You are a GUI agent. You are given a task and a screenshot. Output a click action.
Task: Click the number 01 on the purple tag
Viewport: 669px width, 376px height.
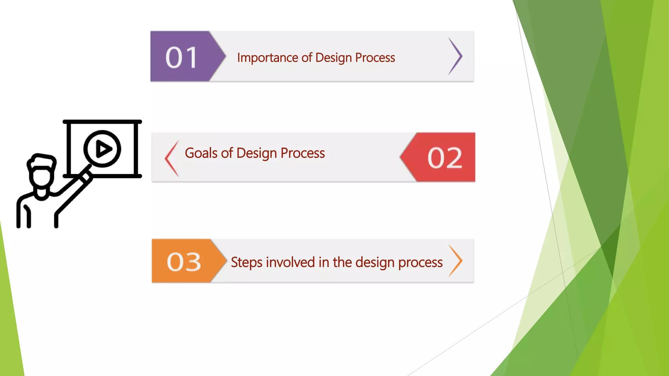[x=182, y=58]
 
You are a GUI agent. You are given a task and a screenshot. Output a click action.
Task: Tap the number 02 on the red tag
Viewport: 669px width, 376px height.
[x=445, y=158]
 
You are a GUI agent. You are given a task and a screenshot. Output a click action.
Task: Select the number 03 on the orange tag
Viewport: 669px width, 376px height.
[x=184, y=262]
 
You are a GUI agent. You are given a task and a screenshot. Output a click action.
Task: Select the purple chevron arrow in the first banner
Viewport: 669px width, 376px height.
[x=456, y=56]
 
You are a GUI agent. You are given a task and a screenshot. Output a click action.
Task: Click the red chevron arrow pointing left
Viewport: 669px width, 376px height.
[x=171, y=159]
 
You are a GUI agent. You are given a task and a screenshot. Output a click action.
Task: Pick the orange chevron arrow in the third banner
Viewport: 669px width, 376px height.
[x=456, y=260]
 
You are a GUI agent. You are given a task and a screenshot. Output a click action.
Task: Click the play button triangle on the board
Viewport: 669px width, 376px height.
[x=103, y=149]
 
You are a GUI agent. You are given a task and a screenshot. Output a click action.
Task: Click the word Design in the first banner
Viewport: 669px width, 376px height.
[x=334, y=58]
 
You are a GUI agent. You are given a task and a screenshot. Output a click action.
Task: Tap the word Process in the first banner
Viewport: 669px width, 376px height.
[x=375, y=58]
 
